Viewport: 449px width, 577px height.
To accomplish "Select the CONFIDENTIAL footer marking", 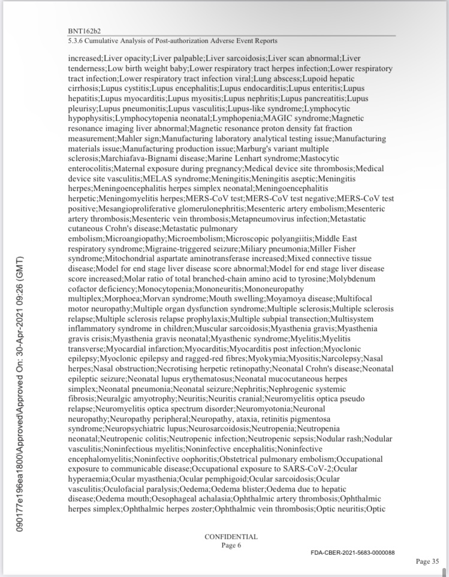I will [x=231, y=537].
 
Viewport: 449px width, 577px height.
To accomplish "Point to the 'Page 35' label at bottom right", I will [x=427, y=561].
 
